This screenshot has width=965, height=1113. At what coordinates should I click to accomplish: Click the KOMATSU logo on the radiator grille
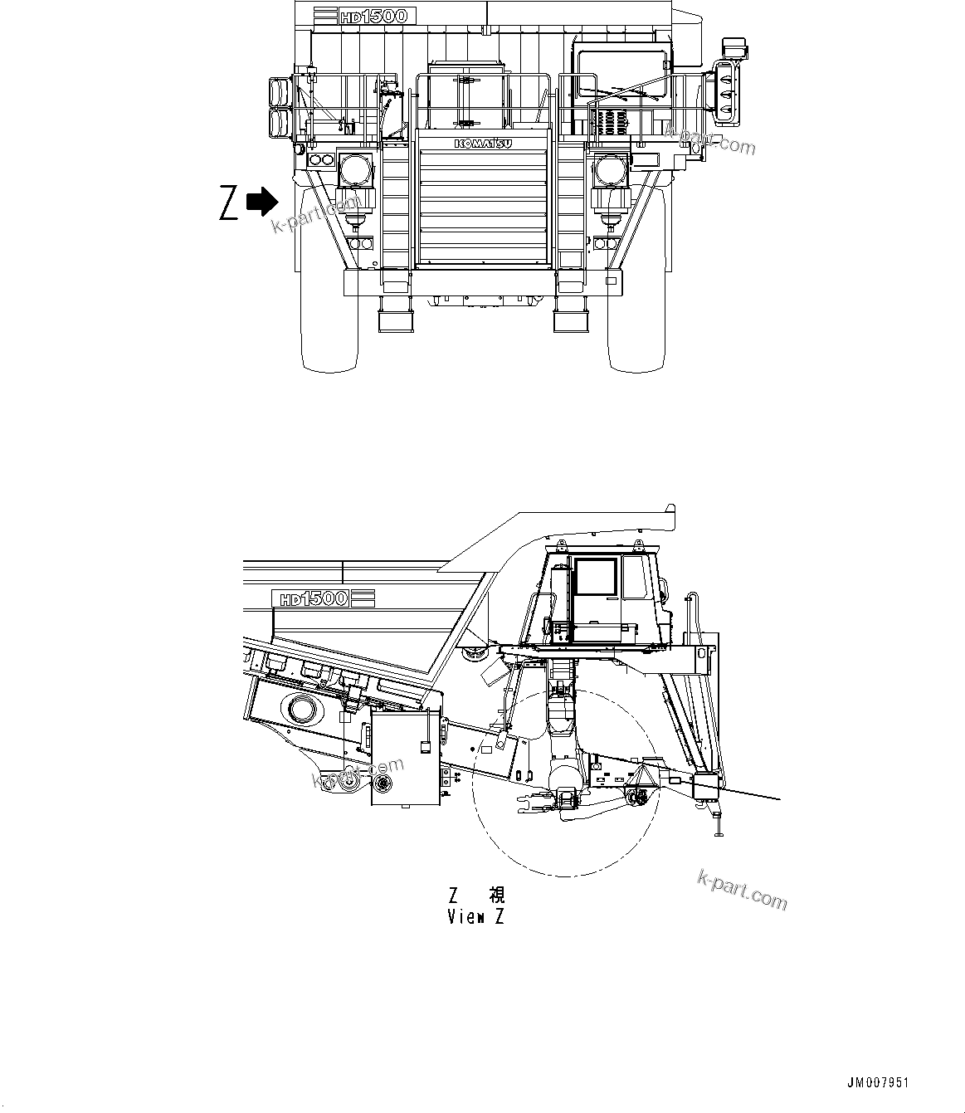[x=482, y=144]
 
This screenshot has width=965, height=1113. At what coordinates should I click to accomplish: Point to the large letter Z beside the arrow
[x=229, y=204]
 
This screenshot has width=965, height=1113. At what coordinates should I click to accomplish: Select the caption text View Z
[x=475, y=917]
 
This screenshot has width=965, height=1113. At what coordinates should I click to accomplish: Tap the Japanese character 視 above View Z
[x=496, y=895]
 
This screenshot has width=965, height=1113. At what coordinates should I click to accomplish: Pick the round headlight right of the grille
[x=611, y=171]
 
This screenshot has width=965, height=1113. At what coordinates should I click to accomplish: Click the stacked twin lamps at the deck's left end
[x=278, y=108]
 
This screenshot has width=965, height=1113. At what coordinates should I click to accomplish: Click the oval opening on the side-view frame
[x=302, y=710]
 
